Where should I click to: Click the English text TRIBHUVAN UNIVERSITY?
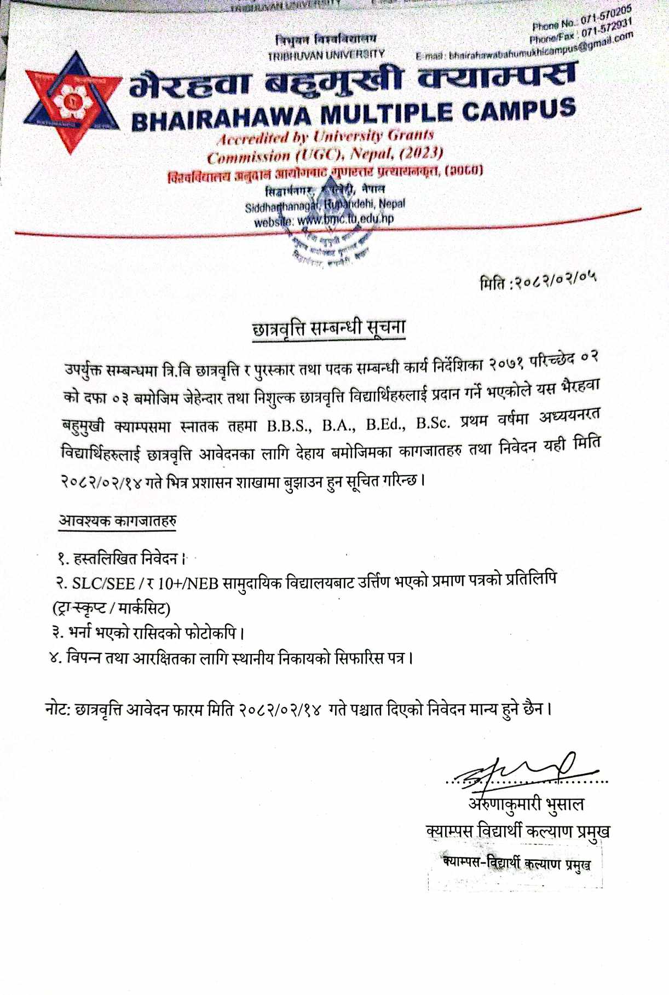(326, 55)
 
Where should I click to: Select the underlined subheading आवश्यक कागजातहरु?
(117, 520)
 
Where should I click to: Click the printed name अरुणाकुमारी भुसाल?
(526, 804)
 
